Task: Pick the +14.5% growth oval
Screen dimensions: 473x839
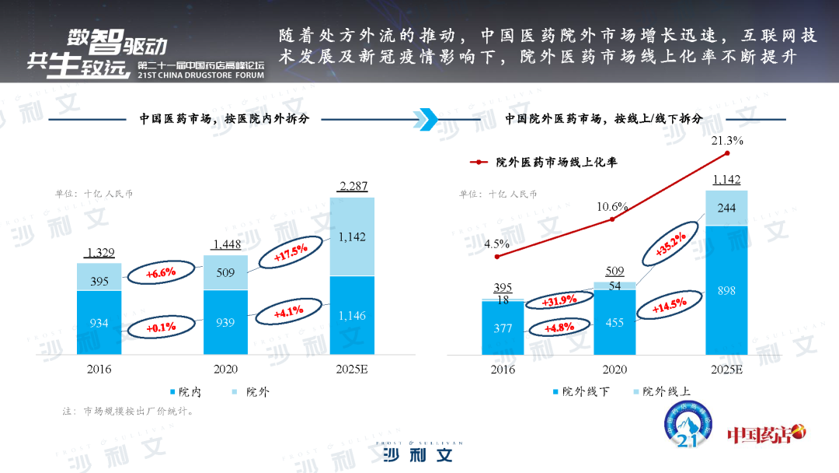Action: [667, 307]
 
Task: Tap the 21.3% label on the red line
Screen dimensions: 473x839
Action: [727, 142]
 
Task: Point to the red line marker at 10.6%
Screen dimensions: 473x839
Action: [612, 219]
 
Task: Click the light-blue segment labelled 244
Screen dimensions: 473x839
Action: [727, 208]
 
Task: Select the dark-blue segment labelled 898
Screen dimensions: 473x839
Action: [727, 290]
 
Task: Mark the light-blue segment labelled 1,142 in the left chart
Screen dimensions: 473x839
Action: [353, 236]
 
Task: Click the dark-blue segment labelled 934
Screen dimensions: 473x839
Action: [99, 323]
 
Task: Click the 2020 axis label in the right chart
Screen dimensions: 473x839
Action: [614, 370]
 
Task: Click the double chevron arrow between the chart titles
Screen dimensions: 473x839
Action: [426, 119]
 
